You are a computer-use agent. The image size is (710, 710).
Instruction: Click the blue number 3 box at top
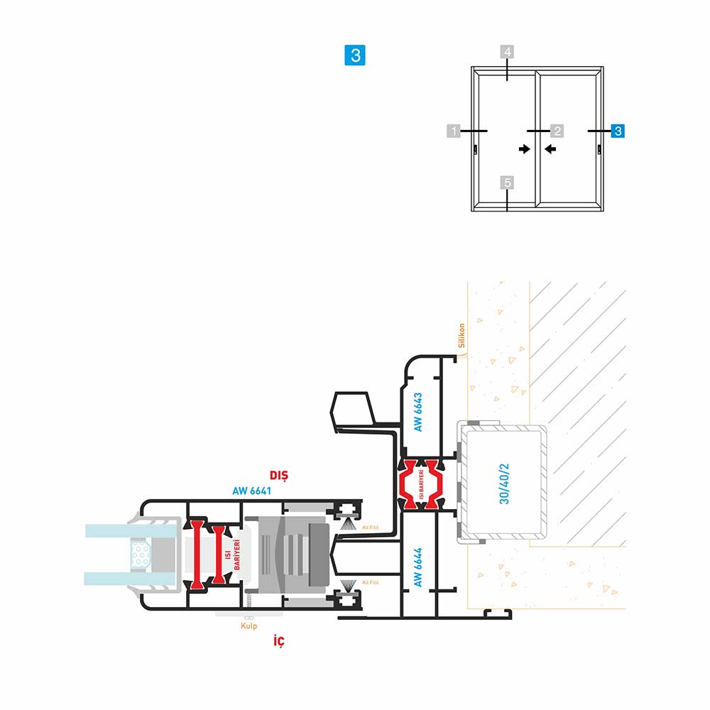[355, 55]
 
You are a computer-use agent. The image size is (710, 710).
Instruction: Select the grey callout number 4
[507, 53]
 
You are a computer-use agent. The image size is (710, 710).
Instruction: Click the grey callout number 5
[507, 183]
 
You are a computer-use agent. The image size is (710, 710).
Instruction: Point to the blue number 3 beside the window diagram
[618, 131]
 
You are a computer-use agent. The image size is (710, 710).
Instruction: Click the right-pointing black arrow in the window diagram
[524, 149]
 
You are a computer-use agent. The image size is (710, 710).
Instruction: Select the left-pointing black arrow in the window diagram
[550, 149]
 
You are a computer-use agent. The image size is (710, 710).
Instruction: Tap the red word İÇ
[280, 643]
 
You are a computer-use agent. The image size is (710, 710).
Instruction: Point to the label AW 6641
[252, 490]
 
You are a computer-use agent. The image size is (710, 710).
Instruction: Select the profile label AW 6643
[418, 412]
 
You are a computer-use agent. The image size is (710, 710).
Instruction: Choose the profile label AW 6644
[418, 567]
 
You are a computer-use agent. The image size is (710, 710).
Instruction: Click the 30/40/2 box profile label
[505, 484]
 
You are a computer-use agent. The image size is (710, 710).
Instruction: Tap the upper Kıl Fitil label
[370, 528]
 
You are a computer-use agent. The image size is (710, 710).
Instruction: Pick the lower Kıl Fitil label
[370, 582]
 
